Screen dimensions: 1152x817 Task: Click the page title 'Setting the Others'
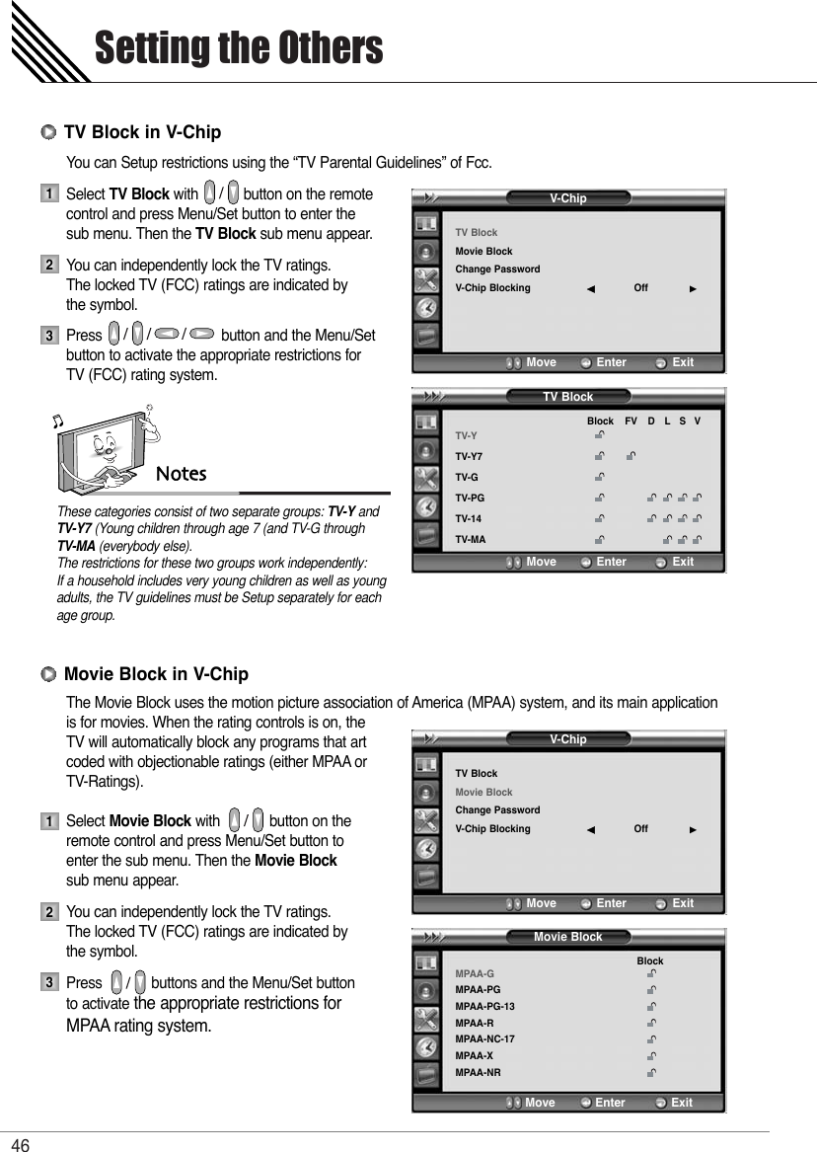pyautogui.click(x=238, y=47)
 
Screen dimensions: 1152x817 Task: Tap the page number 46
pyautogui.click(x=21, y=1143)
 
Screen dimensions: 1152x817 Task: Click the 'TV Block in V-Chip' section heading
pyautogui.click(x=142, y=132)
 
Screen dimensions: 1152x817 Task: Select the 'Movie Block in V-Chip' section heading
pyautogui.click(x=156, y=674)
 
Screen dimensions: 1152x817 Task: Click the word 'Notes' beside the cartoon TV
pyautogui.click(x=182, y=474)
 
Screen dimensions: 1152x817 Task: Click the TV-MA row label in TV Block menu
pyautogui.click(x=470, y=540)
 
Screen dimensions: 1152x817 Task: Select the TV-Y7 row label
pyautogui.click(x=469, y=457)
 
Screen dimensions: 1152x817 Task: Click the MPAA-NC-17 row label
pyautogui.click(x=484, y=1039)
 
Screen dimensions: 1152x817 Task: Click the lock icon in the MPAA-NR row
pyautogui.click(x=651, y=1072)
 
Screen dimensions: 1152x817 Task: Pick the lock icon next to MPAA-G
pyautogui.click(x=651, y=974)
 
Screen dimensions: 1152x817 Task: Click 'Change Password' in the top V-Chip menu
pyautogui.click(x=497, y=269)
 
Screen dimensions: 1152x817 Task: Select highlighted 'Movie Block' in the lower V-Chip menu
pyautogui.click(x=483, y=793)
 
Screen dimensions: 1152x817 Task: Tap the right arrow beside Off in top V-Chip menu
pyautogui.click(x=694, y=289)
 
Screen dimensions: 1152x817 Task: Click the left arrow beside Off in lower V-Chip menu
pyautogui.click(x=590, y=830)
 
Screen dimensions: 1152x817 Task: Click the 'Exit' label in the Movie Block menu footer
pyautogui.click(x=682, y=1103)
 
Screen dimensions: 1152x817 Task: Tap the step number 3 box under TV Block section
pyautogui.click(x=47, y=337)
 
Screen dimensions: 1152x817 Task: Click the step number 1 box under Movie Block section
pyautogui.click(x=47, y=821)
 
